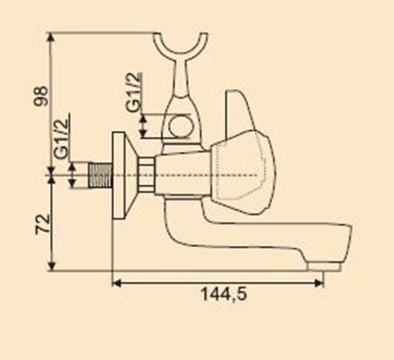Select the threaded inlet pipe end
99,177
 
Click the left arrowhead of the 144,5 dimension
116,281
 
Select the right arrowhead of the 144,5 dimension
326,281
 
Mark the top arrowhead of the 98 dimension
52,34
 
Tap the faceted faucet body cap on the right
244,177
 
